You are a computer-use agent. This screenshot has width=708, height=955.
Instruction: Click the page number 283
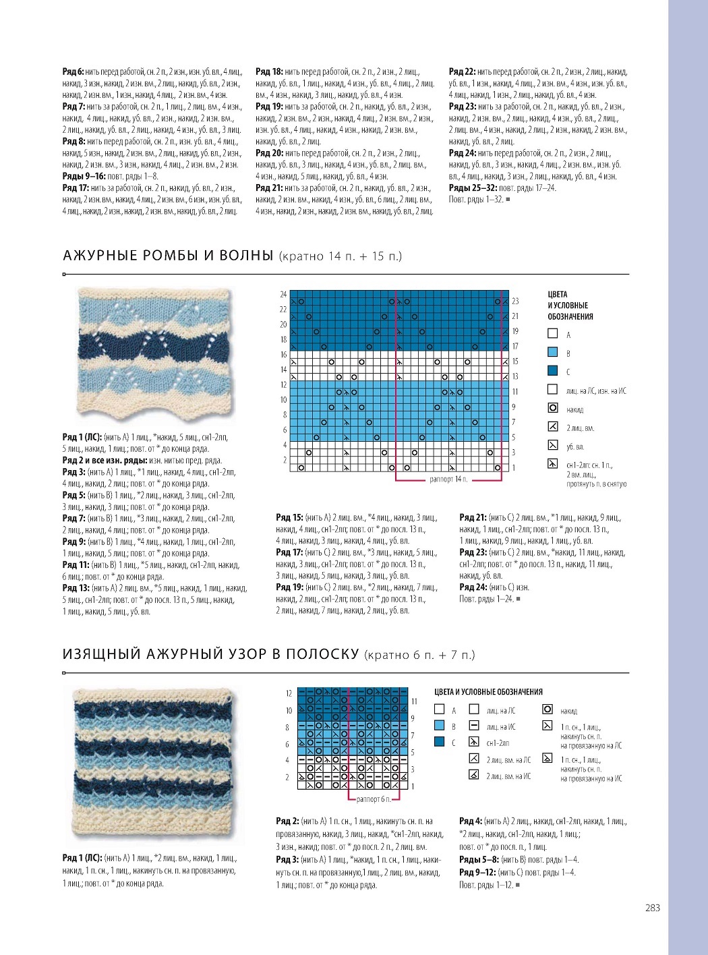tap(652, 908)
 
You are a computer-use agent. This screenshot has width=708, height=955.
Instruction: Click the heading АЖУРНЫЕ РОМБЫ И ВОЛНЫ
tap(168, 256)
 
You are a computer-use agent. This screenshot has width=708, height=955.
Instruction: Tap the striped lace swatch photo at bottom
tap(155, 765)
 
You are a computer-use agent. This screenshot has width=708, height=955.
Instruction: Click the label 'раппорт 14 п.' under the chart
tap(448, 480)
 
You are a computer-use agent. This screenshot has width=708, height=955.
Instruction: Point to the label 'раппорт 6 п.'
tap(374, 799)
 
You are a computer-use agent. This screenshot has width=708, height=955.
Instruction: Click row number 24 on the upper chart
tap(283, 295)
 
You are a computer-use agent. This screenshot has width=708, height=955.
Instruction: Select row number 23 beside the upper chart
tap(515, 301)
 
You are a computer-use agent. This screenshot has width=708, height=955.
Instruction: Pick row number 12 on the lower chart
tap(289, 693)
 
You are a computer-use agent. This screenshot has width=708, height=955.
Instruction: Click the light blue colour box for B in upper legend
tap(553, 352)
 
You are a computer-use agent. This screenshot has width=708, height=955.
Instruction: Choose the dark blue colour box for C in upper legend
tap(553, 370)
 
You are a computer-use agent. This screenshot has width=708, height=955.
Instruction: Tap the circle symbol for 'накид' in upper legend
tap(553, 407)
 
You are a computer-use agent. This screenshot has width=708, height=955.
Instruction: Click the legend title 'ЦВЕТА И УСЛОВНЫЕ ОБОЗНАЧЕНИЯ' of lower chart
tap(488, 692)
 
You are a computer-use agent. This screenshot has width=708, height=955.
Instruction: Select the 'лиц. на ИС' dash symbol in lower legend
tap(474, 726)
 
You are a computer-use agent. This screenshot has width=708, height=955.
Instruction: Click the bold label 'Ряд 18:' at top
tap(269, 71)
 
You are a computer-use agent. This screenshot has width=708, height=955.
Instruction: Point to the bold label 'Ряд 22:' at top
tap(462, 71)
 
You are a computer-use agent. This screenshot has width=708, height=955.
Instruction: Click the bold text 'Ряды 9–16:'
tap(84, 176)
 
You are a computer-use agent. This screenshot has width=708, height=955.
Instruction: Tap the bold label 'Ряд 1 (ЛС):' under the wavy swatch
tap(82, 437)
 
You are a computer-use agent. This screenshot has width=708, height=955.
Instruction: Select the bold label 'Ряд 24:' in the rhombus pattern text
tap(473, 587)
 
